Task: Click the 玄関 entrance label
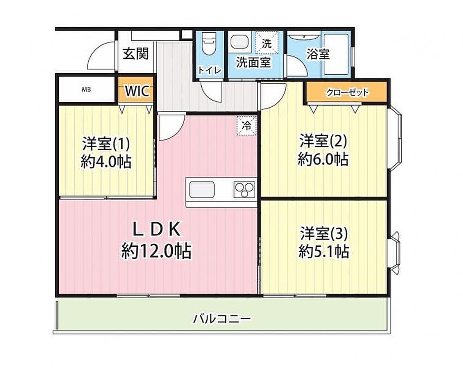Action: pos(136,54)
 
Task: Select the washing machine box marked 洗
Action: pos(267,43)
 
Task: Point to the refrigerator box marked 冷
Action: pos(246,126)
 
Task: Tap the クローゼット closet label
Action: pos(347,92)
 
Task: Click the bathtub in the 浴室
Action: pos(336,54)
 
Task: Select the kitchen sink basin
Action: pos(202,190)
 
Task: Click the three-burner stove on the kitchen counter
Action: pos(244,190)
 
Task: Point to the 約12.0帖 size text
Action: pos(156,251)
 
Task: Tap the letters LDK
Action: pos(156,229)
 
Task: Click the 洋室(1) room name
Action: pos(106,144)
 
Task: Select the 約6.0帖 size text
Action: pos(323,159)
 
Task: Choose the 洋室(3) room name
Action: pos(324,234)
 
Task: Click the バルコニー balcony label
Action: pos(222,319)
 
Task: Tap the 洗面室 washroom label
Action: pos(253,62)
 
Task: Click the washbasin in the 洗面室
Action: pos(239,42)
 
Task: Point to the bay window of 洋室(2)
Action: pos(395,138)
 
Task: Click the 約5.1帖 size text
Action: pos(324,252)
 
